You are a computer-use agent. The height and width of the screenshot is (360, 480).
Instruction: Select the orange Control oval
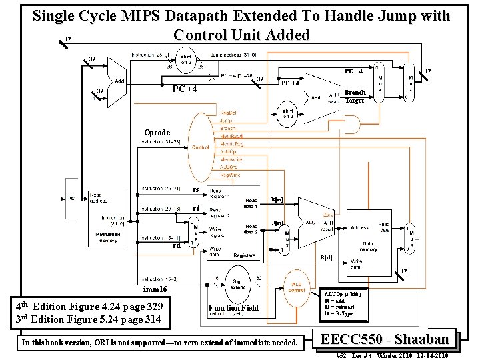200,147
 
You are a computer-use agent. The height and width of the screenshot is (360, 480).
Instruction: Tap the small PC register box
70,199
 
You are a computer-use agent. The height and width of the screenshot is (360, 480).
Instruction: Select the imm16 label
155,290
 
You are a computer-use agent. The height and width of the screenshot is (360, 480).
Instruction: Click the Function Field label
233,308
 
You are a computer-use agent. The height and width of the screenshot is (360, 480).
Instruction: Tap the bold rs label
196,190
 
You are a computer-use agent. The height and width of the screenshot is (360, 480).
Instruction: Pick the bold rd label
177,245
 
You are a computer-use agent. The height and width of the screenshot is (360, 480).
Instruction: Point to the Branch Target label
355,97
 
